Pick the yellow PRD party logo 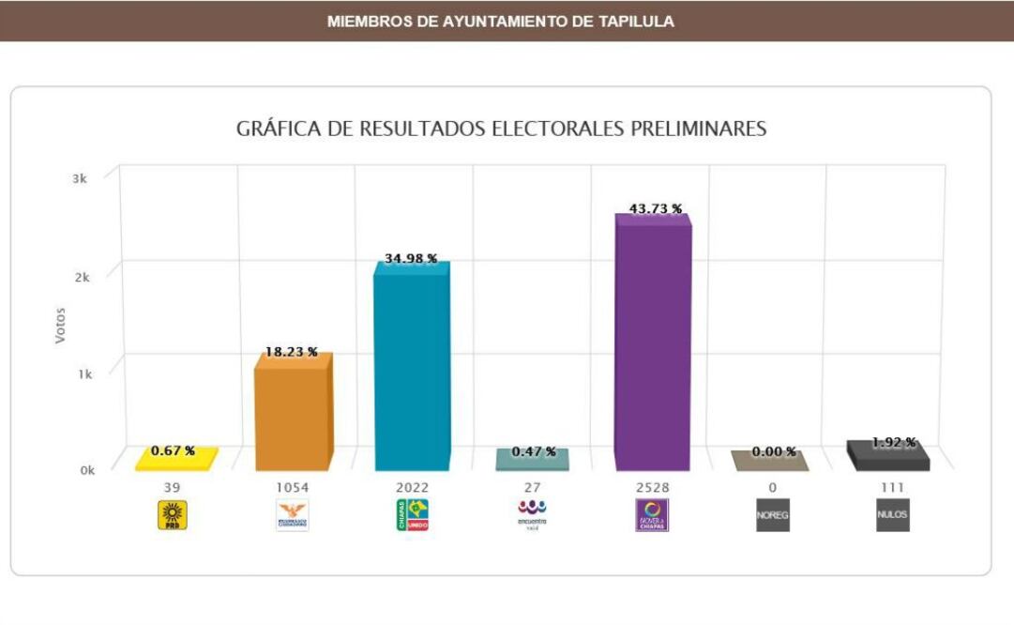pyautogui.click(x=172, y=515)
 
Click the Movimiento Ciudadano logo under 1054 pyautogui.click(x=292, y=515)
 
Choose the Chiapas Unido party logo pyautogui.click(x=412, y=515)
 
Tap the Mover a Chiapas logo pyautogui.click(x=652, y=515)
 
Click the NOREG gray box pyautogui.click(x=772, y=516)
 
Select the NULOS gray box pyautogui.click(x=892, y=516)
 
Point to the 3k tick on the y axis pyautogui.click(x=80, y=178)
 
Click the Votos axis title pyautogui.click(x=61, y=324)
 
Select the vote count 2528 pyautogui.click(x=652, y=487)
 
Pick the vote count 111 pyautogui.click(x=892, y=487)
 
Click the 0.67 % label pyautogui.click(x=174, y=450)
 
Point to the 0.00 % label pyautogui.click(x=774, y=451)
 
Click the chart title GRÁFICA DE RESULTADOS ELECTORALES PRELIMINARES pyautogui.click(x=501, y=129)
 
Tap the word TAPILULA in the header pyautogui.click(x=637, y=21)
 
